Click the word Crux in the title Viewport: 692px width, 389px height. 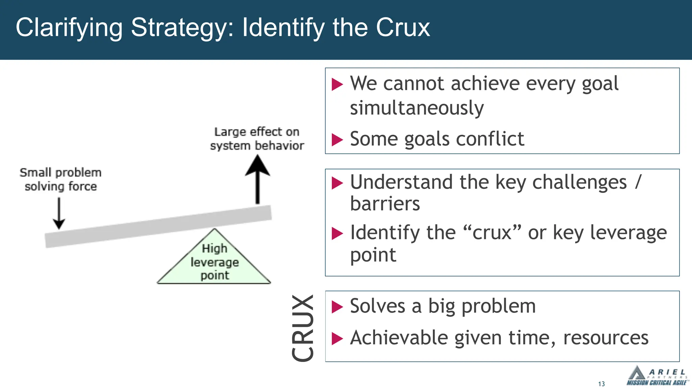[403, 28]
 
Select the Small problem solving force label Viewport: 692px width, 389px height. [60, 179]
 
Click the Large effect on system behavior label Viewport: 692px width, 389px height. [257, 138]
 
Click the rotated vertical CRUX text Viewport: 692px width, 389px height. [303, 328]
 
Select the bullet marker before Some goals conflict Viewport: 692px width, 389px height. [337, 139]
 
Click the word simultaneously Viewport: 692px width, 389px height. [417, 108]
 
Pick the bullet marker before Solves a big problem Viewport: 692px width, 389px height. [337, 307]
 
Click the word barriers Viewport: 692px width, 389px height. [385, 204]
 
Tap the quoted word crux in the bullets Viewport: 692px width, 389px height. [492, 233]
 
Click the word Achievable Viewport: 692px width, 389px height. [399, 338]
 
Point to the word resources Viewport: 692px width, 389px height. [605, 338]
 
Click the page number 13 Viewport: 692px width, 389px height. [601, 384]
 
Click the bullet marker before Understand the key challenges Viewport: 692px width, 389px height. [337, 183]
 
